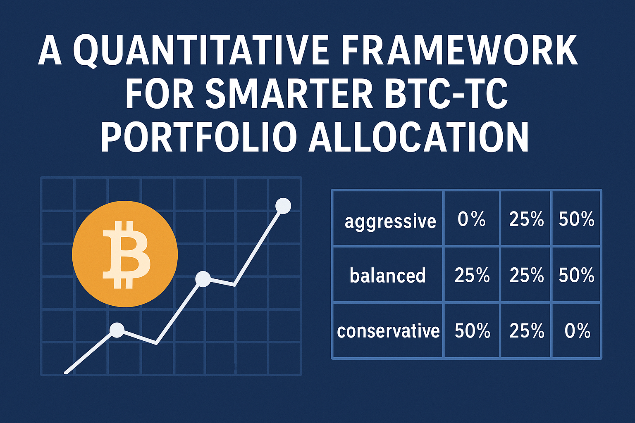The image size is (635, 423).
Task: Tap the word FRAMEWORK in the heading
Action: point(460,51)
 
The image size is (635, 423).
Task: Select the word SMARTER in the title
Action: point(288,95)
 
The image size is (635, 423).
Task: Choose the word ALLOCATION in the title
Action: point(418,138)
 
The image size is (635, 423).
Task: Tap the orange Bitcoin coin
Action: point(125,254)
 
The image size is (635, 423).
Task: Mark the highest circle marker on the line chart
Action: point(283,206)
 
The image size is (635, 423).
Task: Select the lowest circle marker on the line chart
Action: point(117,330)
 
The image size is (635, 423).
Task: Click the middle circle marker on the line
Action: point(203,279)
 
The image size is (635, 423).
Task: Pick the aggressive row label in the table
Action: point(390,221)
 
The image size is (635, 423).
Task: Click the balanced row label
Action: point(387,276)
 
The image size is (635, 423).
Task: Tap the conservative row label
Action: point(388,331)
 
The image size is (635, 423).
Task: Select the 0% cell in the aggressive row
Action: point(471,219)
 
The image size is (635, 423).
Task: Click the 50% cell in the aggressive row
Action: point(576,219)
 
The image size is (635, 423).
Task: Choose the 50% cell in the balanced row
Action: point(576,276)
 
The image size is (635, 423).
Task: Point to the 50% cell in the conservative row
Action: point(472,331)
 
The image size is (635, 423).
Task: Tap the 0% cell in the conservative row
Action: point(577,331)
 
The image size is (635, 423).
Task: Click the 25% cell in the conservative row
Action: point(526,331)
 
